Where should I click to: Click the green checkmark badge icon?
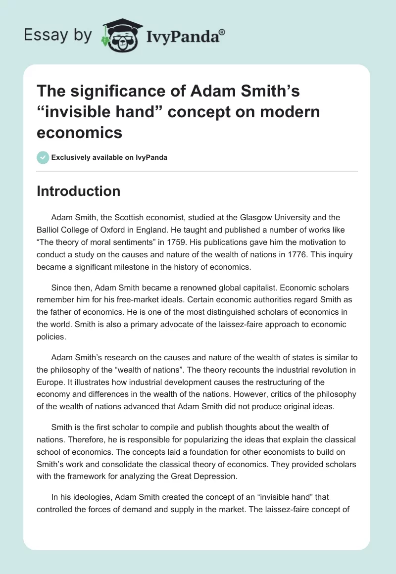(43, 157)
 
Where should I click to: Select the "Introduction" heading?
(79, 191)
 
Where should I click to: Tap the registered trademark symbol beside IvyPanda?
(222, 31)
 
